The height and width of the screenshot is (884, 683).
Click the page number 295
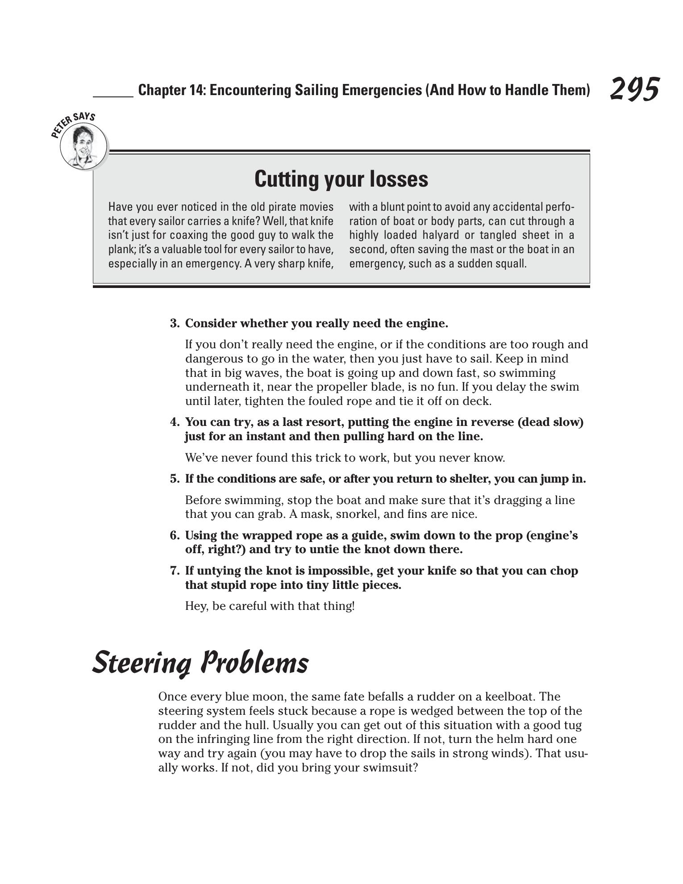pyautogui.click(x=634, y=89)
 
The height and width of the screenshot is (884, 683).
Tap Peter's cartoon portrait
pyautogui.click(x=83, y=146)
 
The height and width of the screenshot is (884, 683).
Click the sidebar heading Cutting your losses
pyautogui.click(x=341, y=179)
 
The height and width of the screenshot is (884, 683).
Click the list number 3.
pyautogui.click(x=174, y=323)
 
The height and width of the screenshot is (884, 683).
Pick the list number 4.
pyautogui.click(x=174, y=422)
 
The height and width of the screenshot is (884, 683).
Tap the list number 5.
pyautogui.click(x=174, y=479)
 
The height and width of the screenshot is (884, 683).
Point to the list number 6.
pyautogui.click(x=174, y=535)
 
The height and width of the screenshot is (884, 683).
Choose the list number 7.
pyautogui.click(x=174, y=571)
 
